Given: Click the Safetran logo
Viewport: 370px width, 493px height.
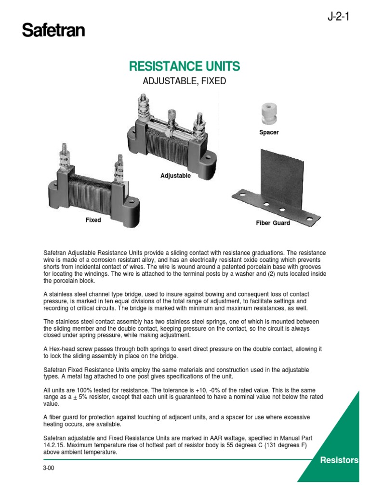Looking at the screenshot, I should tap(53, 31).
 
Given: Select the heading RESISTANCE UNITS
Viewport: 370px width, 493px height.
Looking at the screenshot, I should tap(185, 66).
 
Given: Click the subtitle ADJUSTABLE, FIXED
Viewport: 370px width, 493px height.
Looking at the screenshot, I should tap(185, 81).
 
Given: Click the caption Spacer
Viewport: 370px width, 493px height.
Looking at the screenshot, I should tap(269, 132).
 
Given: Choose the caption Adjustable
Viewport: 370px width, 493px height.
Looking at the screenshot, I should tap(175, 176).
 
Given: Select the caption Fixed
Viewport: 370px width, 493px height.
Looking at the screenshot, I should tap(93, 220).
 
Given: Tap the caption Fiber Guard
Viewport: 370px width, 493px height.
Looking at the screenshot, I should tap(273, 223).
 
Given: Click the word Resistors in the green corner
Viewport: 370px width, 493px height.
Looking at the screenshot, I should tap(340, 460).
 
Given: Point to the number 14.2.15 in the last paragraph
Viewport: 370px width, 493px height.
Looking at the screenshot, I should tap(54, 445).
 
